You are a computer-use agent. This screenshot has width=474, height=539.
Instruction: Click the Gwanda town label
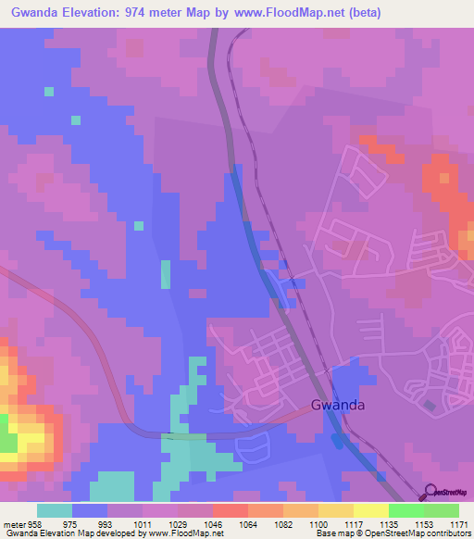[337, 405]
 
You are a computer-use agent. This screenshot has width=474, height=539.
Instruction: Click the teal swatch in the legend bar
[55, 510]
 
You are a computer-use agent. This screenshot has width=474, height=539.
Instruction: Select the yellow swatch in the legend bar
[370, 510]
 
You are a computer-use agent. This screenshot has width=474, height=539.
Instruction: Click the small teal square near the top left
[48, 91]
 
